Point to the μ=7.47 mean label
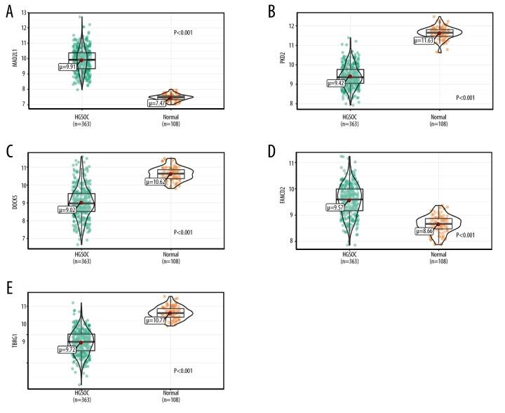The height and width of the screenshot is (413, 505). pyautogui.click(x=156, y=103)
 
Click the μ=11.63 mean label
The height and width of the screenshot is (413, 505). pyautogui.click(x=424, y=41)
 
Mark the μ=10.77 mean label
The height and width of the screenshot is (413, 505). pyautogui.click(x=156, y=320)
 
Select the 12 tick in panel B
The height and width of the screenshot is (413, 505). pyautogui.click(x=291, y=26)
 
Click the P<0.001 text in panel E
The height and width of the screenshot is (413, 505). pyautogui.click(x=183, y=371)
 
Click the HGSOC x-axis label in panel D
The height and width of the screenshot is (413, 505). pyautogui.click(x=349, y=255)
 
